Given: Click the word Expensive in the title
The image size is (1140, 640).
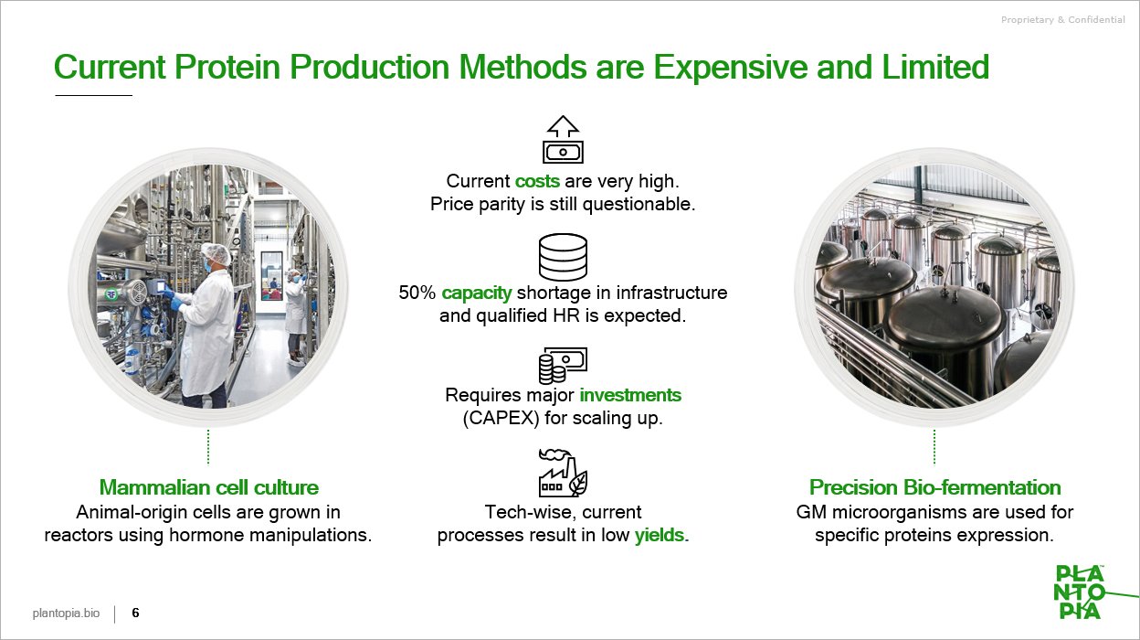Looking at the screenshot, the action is tap(731, 68).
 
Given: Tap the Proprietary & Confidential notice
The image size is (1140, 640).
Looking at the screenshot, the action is tap(1062, 20).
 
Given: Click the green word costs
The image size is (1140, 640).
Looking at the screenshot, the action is tap(537, 181).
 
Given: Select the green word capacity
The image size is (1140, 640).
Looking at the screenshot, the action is tap(476, 293).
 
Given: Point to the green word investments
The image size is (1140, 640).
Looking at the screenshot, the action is tap(630, 395).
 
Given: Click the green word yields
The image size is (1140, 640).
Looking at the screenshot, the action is tap(661, 535).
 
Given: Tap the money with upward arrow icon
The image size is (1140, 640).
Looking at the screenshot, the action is tap(563, 139).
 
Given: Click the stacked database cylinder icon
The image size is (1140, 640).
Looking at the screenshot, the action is tap(563, 257).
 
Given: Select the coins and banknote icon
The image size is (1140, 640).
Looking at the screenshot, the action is tap(563, 366).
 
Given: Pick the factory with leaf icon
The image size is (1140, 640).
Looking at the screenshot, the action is tap(563, 473).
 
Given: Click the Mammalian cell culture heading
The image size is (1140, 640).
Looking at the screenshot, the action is tap(208, 487).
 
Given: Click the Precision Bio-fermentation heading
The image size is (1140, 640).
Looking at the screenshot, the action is tap(934, 487).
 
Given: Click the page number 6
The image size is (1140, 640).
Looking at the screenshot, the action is tap(135, 613).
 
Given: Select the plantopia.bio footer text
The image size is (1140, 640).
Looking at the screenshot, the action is tap(66, 613).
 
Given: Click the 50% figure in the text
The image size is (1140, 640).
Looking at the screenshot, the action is tap(417, 293).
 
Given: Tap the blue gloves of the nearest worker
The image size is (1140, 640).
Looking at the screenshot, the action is tap(173, 299).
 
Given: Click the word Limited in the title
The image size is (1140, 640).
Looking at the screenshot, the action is tap(935, 68).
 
